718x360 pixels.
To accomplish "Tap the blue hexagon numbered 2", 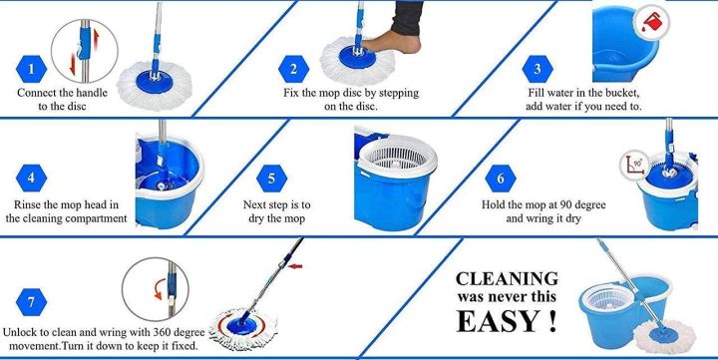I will (293, 69).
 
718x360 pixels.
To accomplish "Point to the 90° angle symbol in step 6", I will (630, 161).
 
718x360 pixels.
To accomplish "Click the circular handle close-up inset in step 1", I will (81, 48).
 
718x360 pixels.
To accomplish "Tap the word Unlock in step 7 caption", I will (24, 333).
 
